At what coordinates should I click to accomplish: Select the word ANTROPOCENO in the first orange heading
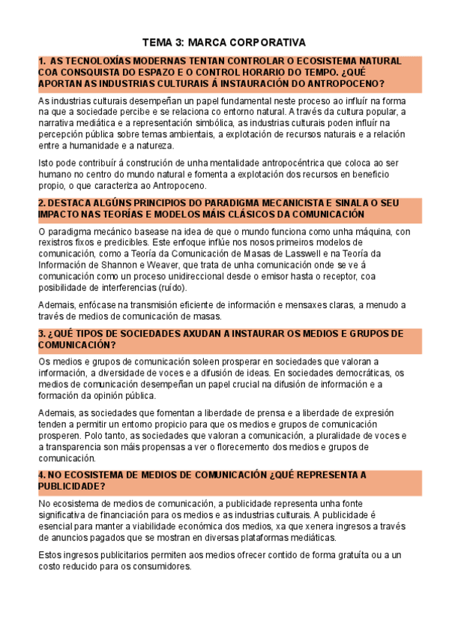[349, 83]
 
